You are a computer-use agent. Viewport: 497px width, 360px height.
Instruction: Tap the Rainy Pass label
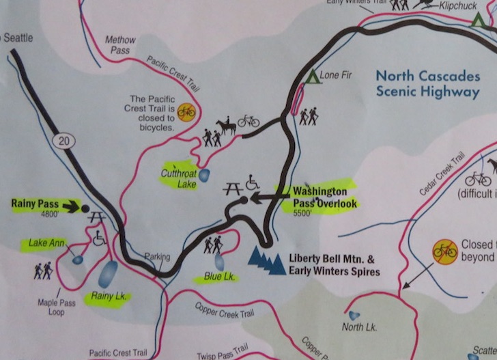click(35, 203)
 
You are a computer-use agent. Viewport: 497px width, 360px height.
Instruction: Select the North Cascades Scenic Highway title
click(429, 84)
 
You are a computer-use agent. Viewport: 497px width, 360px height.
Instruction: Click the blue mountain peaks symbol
click(266, 260)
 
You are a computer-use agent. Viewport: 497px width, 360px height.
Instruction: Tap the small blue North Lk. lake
click(354, 315)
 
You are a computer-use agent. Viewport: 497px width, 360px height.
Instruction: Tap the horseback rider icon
click(226, 125)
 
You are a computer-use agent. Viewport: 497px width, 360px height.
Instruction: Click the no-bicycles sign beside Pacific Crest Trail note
click(186, 111)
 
